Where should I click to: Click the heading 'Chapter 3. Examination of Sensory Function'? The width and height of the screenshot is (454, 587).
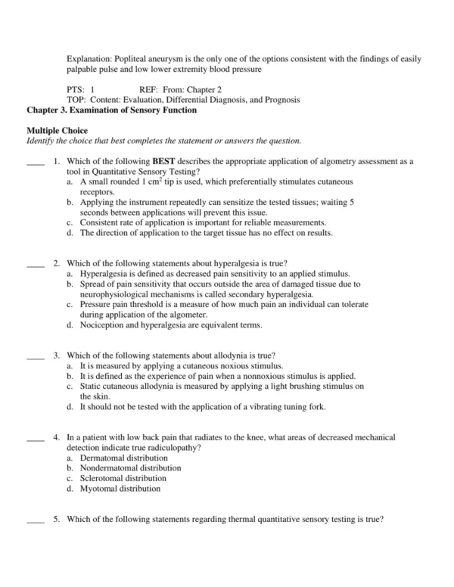111,110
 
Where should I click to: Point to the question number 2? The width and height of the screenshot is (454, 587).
56,263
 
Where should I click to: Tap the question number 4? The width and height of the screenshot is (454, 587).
56,438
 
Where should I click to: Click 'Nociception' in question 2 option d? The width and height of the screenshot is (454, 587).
102,325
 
